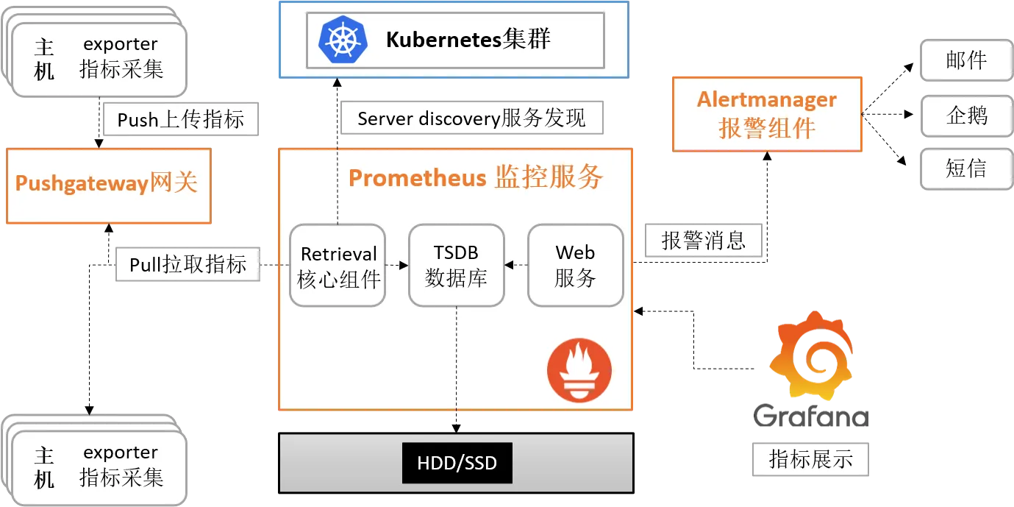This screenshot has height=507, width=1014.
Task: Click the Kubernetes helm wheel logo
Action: [x=343, y=40]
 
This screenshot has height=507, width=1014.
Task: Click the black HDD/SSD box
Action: [x=457, y=463]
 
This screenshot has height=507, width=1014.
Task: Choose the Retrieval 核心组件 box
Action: [x=338, y=266]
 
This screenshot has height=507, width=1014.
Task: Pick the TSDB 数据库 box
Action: [x=457, y=266]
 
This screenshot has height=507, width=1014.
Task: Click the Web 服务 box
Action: [x=576, y=266]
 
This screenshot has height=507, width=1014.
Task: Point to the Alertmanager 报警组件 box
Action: [x=767, y=114]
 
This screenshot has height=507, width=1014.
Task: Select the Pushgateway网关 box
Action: [x=108, y=185]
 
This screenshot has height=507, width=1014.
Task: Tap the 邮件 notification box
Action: [x=966, y=60]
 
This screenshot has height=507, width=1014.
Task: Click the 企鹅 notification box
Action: [x=966, y=115]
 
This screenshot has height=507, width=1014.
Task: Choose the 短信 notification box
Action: [x=966, y=169]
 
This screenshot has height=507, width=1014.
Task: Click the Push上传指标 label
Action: [x=181, y=118]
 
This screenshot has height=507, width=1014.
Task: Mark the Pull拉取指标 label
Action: [x=188, y=263]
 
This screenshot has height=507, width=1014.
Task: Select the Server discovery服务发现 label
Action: [x=471, y=118]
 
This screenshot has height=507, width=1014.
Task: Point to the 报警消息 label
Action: [x=703, y=240]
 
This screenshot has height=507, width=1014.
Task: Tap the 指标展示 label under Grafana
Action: [x=810, y=459]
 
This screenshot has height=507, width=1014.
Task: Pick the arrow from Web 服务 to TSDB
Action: [x=516, y=265]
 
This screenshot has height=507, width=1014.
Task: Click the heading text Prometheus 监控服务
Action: [x=476, y=177]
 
